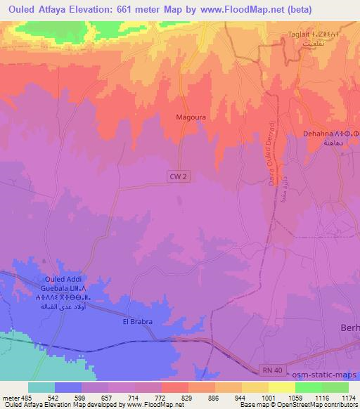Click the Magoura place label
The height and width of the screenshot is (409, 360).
(x=191, y=118)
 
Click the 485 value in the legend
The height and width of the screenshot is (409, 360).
(x=25, y=396)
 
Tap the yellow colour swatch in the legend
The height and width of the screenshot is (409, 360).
(x=281, y=387)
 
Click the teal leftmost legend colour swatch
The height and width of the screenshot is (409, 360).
(x=41, y=387)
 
